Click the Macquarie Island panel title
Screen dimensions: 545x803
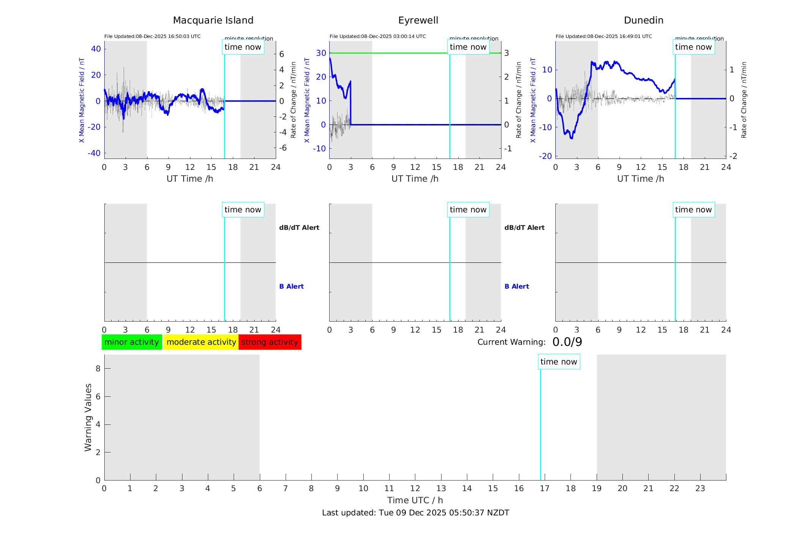pyautogui.click(x=213, y=20)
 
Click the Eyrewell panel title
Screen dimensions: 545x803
pyautogui.click(x=418, y=20)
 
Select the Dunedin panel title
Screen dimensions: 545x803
pyautogui.click(x=643, y=20)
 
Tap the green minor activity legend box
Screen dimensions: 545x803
pyautogui.click(x=132, y=342)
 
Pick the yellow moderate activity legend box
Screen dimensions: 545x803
pyautogui.click(x=201, y=342)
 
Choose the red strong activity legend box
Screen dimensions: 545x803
pyautogui.click(x=270, y=342)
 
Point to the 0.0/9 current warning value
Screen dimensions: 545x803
pyautogui.click(x=567, y=342)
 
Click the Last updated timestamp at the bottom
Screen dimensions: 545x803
pyautogui.click(x=415, y=513)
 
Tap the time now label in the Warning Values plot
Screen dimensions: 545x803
pyautogui.click(x=559, y=362)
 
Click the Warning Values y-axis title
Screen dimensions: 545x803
pyautogui.click(x=88, y=417)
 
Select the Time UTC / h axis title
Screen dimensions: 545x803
pyautogui.click(x=415, y=500)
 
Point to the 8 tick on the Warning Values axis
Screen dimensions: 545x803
pyautogui.click(x=98, y=369)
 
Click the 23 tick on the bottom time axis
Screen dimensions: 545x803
pyautogui.click(x=700, y=488)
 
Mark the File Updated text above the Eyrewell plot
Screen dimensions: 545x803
pyautogui.click(x=377, y=36)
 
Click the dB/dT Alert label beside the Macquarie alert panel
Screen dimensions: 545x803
pyautogui.click(x=299, y=228)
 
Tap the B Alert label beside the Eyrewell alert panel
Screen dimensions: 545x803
pyautogui.click(x=517, y=286)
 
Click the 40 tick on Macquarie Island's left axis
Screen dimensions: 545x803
pyautogui.click(x=96, y=49)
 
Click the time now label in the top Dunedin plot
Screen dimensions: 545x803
pyautogui.click(x=693, y=47)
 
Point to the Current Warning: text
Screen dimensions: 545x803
pyautogui.click(x=511, y=342)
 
